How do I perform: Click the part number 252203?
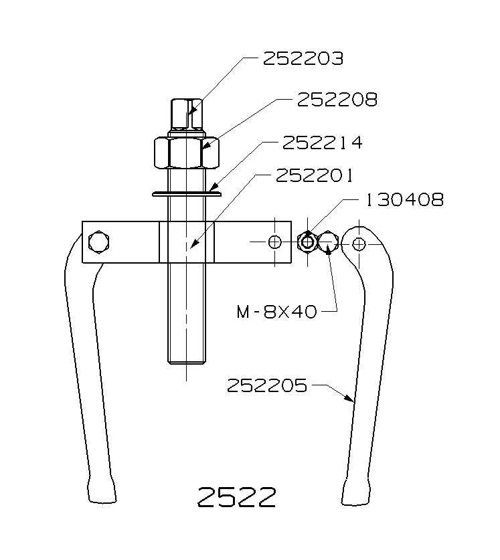(303, 59)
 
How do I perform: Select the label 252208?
(337, 100)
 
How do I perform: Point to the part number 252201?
(315, 175)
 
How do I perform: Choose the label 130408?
(404, 200)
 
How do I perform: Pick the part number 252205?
(266, 385)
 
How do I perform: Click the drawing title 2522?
(236, 497)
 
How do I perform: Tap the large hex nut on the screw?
(186, 153)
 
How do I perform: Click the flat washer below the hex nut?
(186, 194)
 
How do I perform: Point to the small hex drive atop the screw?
(186, 115)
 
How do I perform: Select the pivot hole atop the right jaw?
(359, 244)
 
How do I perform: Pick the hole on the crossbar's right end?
(274, 242)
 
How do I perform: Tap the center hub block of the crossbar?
(186, 242)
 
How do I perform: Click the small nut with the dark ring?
(307, 242)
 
